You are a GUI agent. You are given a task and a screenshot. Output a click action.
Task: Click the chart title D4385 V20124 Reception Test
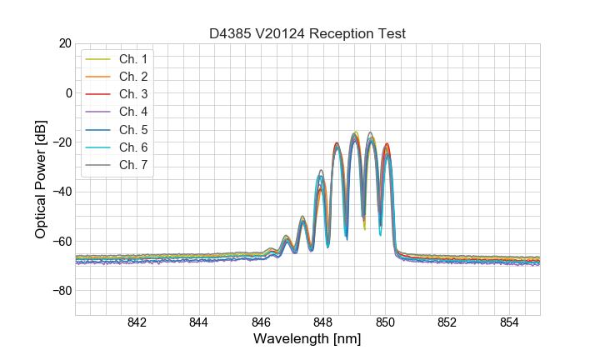point(307,33)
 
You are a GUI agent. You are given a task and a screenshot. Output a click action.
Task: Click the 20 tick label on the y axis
point(64,43)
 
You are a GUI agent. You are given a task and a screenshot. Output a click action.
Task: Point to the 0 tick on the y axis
point(68,92)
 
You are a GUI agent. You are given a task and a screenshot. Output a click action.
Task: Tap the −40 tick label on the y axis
point(61,192)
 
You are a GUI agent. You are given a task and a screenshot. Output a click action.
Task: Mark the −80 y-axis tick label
point(61,291)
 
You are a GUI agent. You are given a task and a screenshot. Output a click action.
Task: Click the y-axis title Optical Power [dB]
point(41,178)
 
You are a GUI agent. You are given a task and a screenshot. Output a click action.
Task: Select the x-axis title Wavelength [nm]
point(307,340)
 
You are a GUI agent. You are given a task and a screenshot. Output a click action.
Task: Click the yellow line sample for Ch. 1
point(99,59)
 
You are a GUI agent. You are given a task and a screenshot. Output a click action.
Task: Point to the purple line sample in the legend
point(99,112)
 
